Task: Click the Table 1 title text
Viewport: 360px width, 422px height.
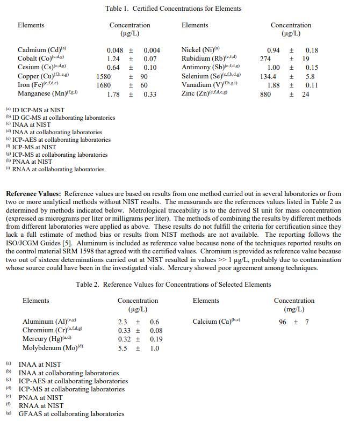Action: coord(172,9)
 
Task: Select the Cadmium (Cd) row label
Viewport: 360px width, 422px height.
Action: coord(42,50)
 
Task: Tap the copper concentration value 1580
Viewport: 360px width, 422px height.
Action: coord(104,77)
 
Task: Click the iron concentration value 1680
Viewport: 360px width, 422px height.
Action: coord(104,85)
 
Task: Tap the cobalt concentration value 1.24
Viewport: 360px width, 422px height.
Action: coord(113,59)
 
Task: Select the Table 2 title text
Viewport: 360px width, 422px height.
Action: coord(173,285)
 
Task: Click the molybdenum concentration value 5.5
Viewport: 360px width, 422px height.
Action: coord(123,348)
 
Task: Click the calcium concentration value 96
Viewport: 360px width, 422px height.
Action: coord(283,322)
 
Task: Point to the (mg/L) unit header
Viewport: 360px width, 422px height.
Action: coord(293,309)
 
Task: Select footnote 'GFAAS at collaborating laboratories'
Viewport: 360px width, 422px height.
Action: coord(71,413)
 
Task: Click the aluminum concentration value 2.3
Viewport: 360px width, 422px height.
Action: coord(123,322)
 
